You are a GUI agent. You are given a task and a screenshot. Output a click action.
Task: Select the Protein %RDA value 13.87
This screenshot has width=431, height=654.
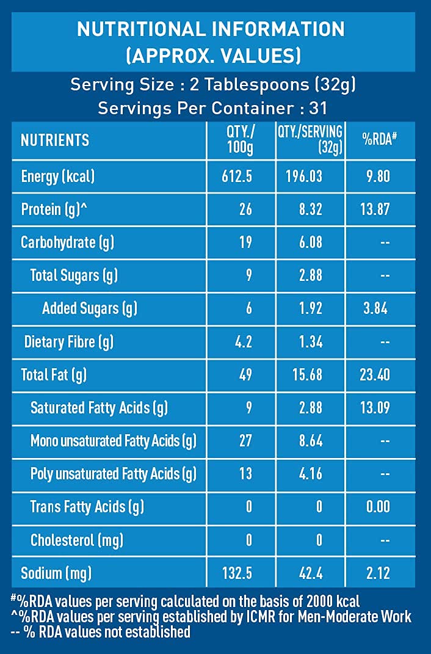point(375,209)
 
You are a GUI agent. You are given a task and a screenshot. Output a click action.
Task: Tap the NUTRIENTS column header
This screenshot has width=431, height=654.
point(55,140)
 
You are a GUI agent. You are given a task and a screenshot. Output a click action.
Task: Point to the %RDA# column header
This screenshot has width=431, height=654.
point(380,139)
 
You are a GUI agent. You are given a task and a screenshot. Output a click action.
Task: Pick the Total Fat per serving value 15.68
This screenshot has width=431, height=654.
point(305,374)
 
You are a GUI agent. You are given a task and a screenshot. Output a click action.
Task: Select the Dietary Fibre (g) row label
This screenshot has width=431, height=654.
point(69,341)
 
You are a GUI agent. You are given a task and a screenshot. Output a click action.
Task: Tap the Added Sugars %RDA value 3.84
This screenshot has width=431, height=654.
point(375,308)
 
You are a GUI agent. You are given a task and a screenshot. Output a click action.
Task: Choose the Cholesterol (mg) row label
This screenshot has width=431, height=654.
point(77,540)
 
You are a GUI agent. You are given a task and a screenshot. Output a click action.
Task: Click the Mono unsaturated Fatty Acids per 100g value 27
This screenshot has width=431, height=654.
point(246,440)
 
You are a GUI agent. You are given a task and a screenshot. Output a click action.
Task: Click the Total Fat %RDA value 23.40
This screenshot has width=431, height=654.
point(375,374)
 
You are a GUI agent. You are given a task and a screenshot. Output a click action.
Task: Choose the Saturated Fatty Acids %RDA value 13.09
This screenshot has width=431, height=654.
point(375,407)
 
